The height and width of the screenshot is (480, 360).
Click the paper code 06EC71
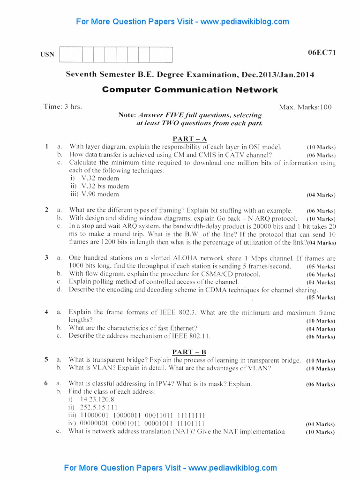322,52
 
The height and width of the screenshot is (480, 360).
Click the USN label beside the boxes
47,54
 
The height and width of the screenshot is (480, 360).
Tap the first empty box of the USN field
65,55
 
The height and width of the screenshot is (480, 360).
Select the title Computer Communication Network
190,90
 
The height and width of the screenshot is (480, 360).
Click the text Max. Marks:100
305,107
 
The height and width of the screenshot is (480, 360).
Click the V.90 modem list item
93,194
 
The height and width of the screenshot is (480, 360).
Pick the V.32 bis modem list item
98,186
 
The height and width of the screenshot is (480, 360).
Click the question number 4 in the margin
46,312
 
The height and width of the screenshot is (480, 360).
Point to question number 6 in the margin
46,383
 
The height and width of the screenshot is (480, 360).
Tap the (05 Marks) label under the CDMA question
321,298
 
